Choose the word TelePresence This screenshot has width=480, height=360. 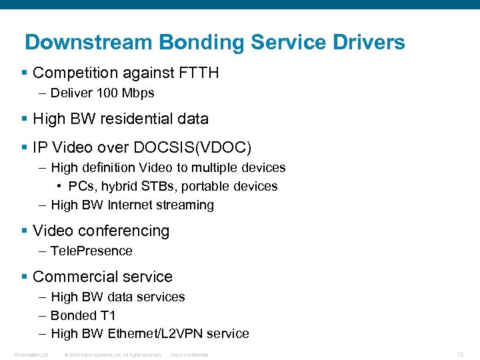pos(91,251)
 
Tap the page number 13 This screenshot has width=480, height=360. pos(460,354)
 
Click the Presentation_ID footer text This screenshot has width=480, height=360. pos(31,355)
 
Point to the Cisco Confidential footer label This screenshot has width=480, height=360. pos(190,355)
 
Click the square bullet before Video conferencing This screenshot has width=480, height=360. pos(25,231)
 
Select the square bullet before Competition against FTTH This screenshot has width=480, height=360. pos(25,73)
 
